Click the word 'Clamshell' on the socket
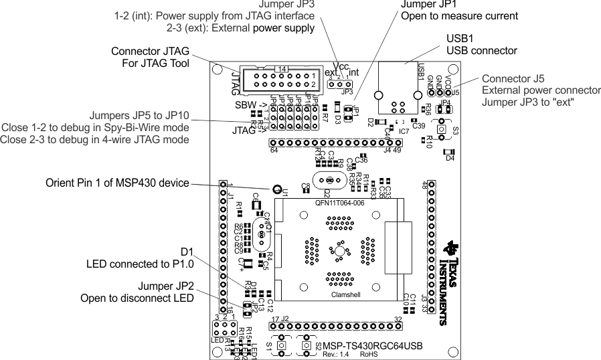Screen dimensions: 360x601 (x=346, y=295)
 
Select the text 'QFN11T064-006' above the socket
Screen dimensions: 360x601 (x=339, y=202)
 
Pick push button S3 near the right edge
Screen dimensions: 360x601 (x=442, y=129)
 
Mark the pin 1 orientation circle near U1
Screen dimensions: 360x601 (x=275, y=189)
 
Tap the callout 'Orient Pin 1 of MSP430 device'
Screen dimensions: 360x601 (x=117, y=183)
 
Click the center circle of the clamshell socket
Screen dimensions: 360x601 (x=340, y=252)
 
